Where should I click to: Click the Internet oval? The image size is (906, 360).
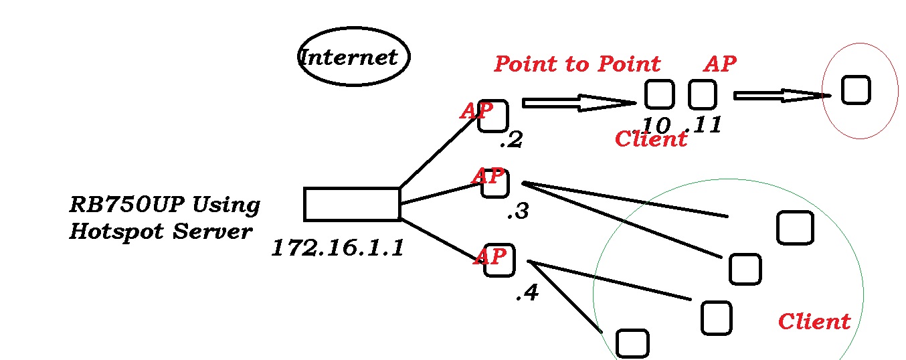(353, 57)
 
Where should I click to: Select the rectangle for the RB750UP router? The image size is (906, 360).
(352, 204)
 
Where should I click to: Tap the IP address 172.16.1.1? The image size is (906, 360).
(338, 248)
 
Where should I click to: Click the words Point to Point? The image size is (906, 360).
(577, 64)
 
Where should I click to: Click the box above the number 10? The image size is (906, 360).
(659, 94)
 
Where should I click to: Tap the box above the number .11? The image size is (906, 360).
(702, 94)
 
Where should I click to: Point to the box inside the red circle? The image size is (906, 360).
(855, 90)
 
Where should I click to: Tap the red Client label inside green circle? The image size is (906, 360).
(814, 322)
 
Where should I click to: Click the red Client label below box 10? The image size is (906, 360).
(650, 139)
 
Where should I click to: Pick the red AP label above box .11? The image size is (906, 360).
(720, 64)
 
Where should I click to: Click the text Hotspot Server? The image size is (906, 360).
(161, 232)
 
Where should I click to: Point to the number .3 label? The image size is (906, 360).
(518, 212)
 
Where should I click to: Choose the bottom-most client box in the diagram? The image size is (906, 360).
(632, 343)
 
